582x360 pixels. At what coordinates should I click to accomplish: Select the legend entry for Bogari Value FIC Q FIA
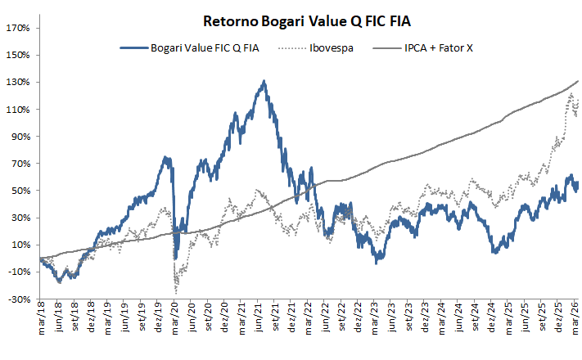[205, 49]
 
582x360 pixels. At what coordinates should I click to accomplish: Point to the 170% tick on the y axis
[18, 29]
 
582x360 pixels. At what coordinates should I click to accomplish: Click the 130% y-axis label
[18, 83]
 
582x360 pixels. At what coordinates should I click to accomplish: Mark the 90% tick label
[20, 137]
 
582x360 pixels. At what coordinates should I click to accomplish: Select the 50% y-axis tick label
[20, 191]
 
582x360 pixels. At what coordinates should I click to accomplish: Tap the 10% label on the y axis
[20, 245]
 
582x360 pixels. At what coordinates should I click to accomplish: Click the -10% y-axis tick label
[19, 272]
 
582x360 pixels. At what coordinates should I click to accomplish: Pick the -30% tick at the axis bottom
[19, 299]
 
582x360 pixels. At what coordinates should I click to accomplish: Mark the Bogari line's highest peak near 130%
[264, 81]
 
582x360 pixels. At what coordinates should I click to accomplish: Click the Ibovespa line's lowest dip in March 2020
[176, 292]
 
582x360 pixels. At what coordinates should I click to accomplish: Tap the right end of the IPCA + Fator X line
[579, 81]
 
